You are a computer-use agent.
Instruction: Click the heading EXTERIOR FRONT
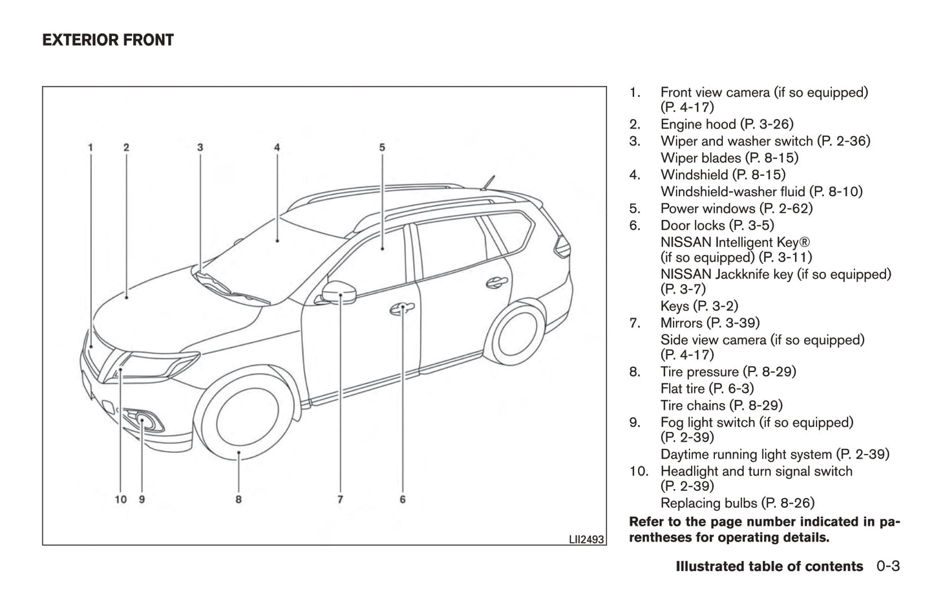click(108, 40)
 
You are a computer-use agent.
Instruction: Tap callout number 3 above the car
click(200, 148)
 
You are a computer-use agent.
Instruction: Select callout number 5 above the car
click(382, 148)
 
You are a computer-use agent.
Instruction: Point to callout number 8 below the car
click(239, 499)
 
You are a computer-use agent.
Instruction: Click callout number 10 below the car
click(120, 499)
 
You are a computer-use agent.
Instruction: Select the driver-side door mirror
click(339, 292)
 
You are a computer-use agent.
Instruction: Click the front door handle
click(402, 309)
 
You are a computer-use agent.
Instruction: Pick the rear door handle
click(497, 283)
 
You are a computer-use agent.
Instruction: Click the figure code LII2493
click(586, 540)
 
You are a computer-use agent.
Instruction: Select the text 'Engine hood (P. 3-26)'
click(727, 124)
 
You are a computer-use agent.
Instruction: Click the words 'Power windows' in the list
click(708, 208)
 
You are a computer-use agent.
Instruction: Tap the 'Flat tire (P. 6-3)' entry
click(707, 389)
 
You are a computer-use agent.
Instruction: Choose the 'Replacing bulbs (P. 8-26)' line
click(738, 503)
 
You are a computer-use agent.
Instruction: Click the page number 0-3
click(888, 566)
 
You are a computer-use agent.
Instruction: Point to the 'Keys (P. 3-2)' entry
click(699, 306)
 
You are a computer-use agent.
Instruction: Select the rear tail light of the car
click(562, 246)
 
